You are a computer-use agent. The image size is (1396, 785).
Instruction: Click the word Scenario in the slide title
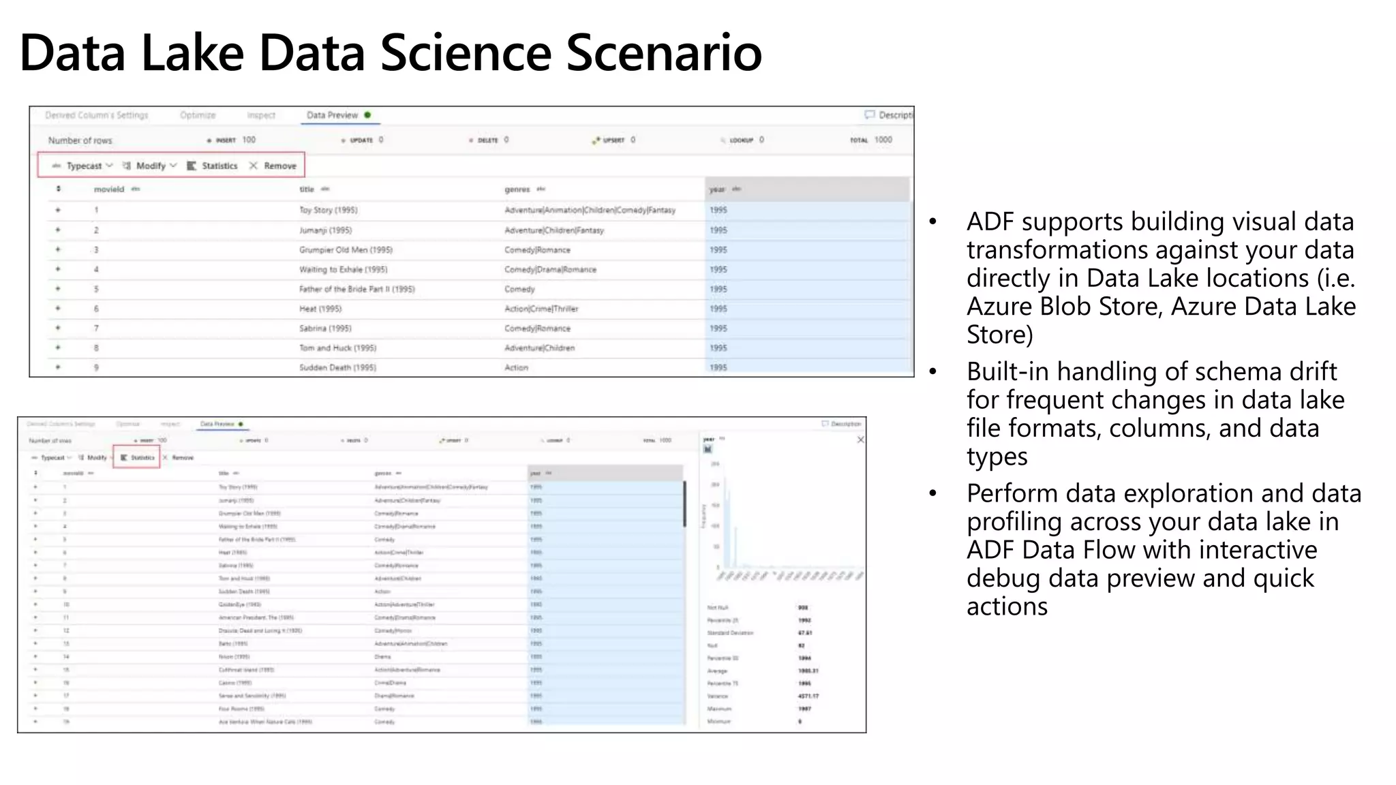point(663,52)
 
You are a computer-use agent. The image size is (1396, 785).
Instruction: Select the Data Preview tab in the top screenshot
point(333,115)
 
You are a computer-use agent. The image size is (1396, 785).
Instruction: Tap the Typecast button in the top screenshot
point(84,166)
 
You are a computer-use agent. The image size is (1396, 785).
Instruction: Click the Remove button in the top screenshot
point(279,166)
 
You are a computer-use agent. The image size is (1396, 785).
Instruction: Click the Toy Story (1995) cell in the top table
point(329,210)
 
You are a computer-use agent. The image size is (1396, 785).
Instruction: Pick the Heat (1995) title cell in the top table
point(320,309)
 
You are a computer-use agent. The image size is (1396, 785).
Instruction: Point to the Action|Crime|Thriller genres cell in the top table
point(541,309)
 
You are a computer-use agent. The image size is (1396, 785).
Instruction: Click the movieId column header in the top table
point(109,189)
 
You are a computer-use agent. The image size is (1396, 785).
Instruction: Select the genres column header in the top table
point(517,189)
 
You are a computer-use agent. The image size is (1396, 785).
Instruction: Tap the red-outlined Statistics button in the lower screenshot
point(138,457)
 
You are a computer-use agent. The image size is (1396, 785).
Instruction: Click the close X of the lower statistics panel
point(860,440)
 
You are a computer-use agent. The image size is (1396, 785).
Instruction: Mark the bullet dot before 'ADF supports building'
point(933,221)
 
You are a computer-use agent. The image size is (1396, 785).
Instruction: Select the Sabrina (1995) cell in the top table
point(325,328)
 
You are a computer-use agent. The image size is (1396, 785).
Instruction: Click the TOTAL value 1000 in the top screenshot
point(883,140)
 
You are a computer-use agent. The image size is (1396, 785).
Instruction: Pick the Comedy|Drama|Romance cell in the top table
point(550,270)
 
